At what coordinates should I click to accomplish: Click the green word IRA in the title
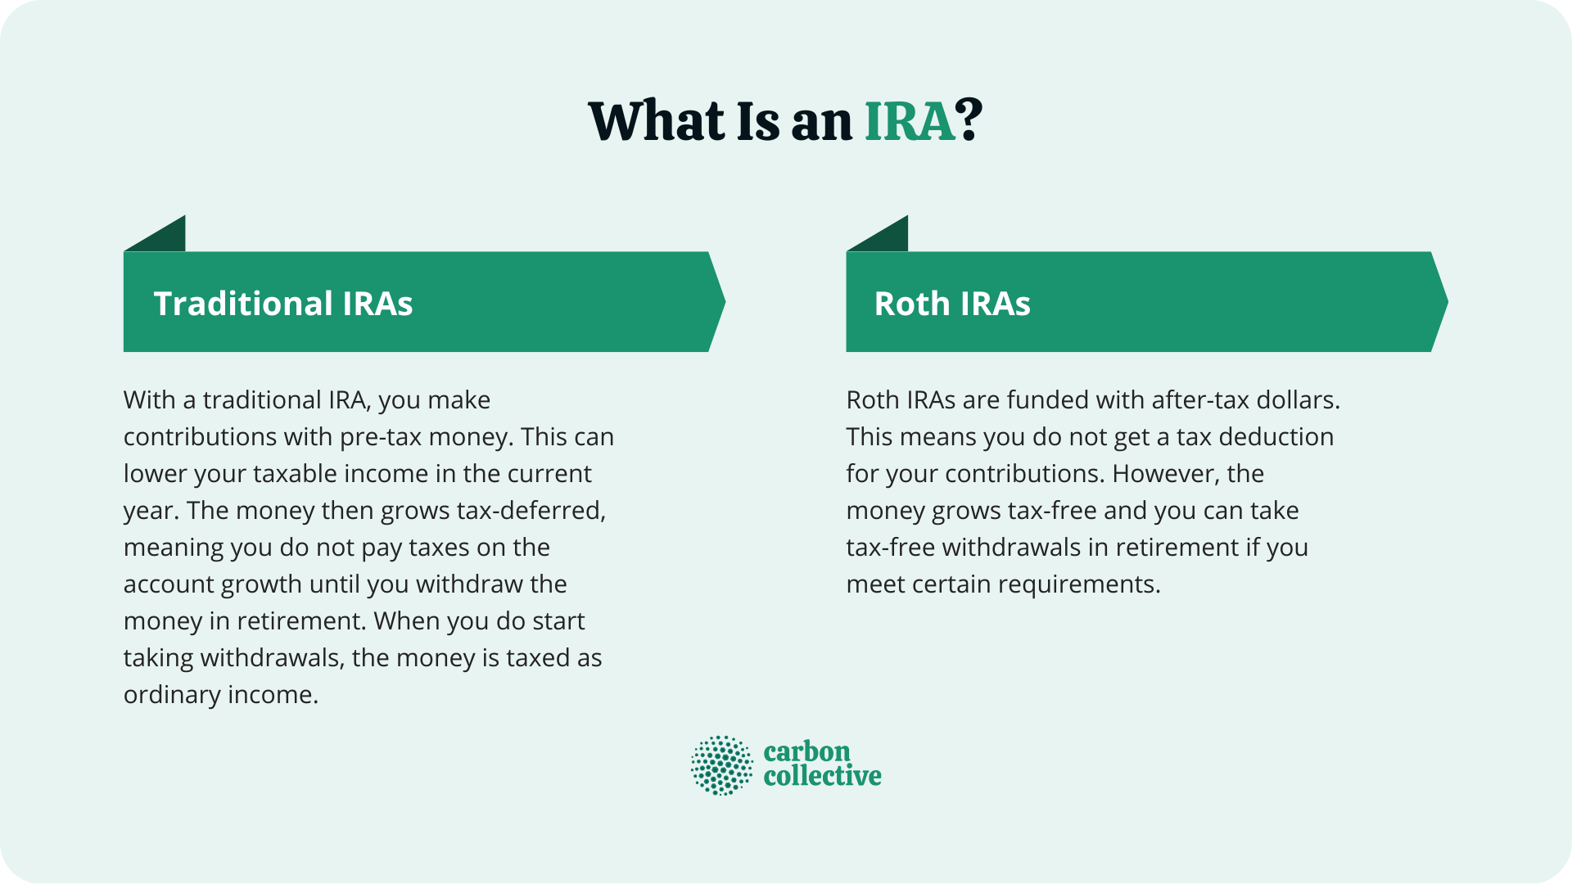910,122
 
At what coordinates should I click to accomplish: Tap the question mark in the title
970,122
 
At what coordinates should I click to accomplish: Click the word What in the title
656,122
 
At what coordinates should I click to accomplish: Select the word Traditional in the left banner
242,304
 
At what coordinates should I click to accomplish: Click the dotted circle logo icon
721,765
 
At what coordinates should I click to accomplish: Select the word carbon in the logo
806,751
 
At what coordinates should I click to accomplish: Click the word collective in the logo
822,776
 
